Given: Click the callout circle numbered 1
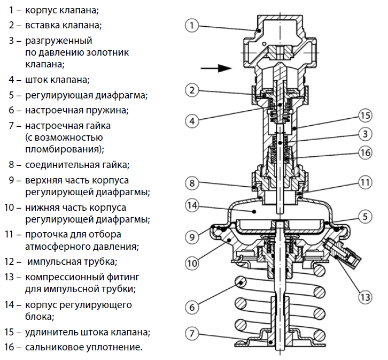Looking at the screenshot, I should [x=192, y=25].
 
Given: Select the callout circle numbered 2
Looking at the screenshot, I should [x=193, y=90].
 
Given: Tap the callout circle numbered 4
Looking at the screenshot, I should [x=193, y=120].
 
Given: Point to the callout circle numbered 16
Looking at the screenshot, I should [x=364, y=152].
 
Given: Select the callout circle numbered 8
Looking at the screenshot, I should [x=193, y=183].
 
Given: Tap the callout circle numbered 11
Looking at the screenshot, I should [x=364, y=182].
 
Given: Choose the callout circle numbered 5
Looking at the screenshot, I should [x=364, y=217].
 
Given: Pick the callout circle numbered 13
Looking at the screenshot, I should [x=364, y=295].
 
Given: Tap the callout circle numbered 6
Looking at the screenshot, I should [x=193, y=307].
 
